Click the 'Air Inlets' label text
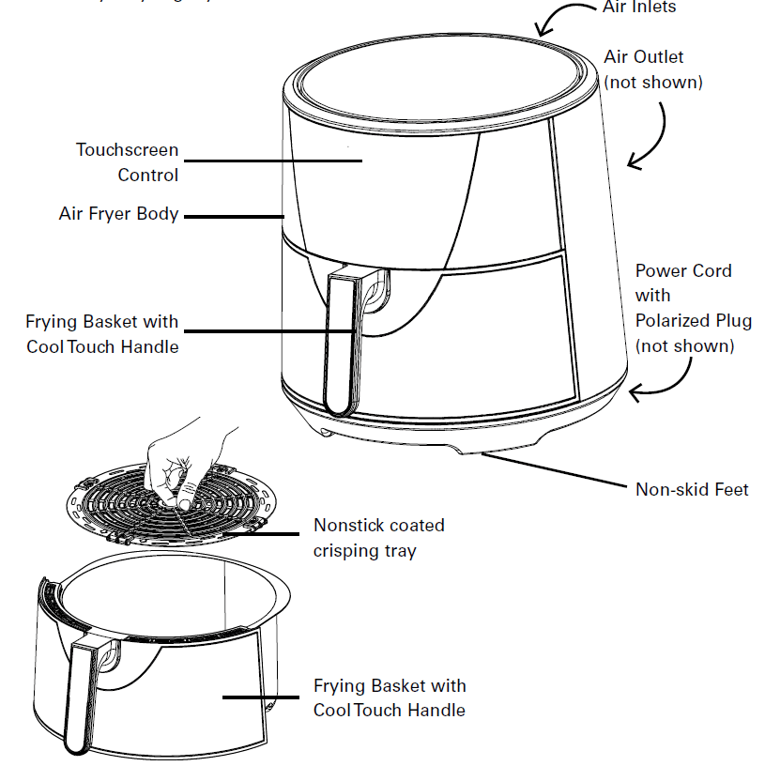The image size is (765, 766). (638, 7)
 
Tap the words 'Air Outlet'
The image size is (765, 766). (644, 57)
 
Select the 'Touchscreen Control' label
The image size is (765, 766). (128, 161)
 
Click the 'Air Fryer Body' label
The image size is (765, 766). (118, 214)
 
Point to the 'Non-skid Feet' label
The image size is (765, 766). (692, 488)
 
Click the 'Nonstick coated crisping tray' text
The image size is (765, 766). (378, 537)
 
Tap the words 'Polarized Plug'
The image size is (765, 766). (693, 320)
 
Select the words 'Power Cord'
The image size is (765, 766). (683, 270)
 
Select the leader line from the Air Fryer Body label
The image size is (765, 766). (235, 215)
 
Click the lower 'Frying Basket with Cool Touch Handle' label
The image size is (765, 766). (389, 697)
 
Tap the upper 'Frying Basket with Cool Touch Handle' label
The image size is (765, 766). (102, 333)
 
